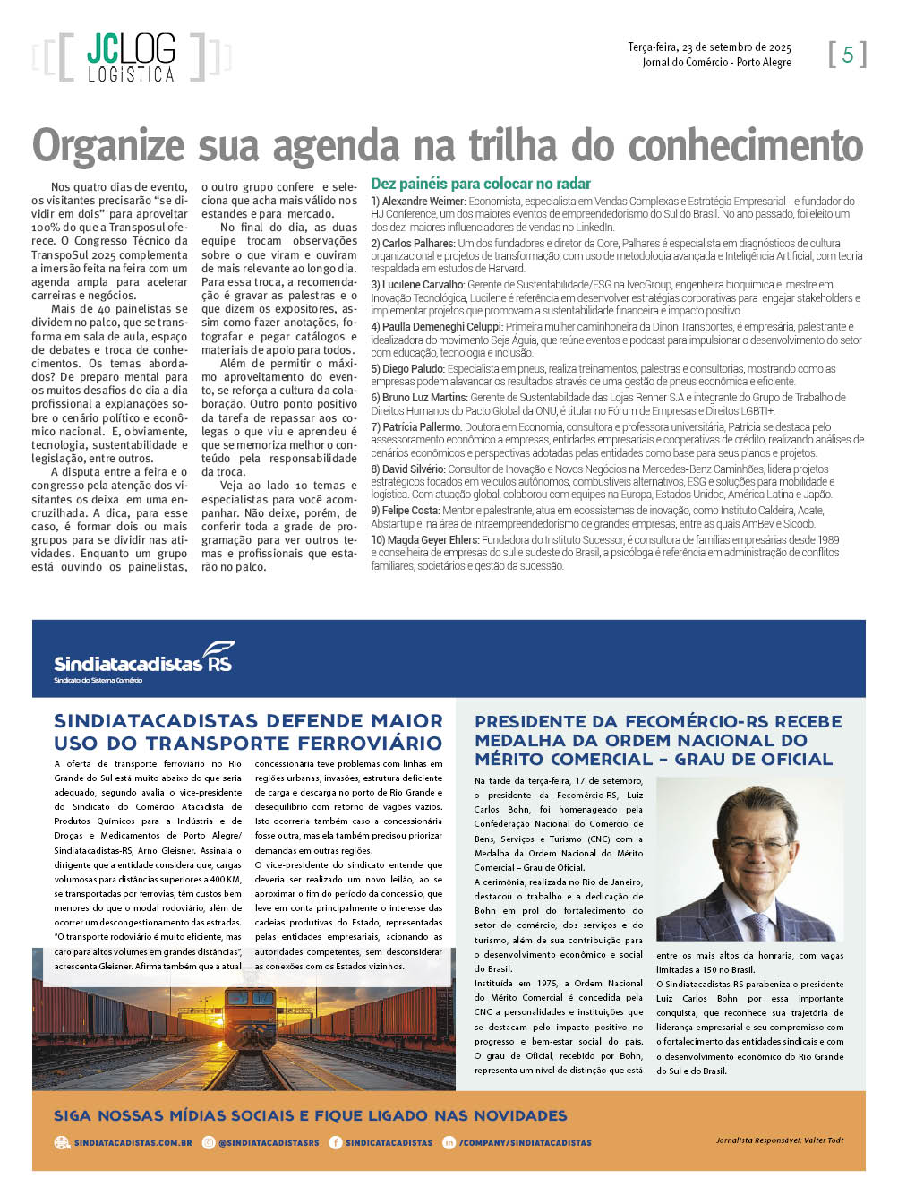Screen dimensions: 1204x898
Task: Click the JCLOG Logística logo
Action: (x=132, y=58)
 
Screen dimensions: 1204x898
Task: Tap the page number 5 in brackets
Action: (x=847, y=55)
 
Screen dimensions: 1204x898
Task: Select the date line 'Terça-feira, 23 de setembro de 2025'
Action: (x=709, y=47)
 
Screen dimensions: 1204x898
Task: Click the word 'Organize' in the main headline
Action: (x=109, y=146)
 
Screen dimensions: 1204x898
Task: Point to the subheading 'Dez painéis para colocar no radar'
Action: (x=481, y=184)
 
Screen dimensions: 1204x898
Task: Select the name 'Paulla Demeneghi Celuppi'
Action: (x=442, y=327)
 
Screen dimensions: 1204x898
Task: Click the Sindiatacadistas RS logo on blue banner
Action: (x=144, y=662)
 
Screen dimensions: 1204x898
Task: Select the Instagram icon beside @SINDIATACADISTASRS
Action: (x=209, y=1143)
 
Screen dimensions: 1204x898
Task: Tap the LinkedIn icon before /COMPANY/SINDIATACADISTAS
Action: (x=449, y=1143)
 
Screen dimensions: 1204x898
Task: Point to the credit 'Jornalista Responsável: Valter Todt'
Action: (x=779, y=1140)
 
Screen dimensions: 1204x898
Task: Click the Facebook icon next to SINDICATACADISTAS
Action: (x=336, y=1143)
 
